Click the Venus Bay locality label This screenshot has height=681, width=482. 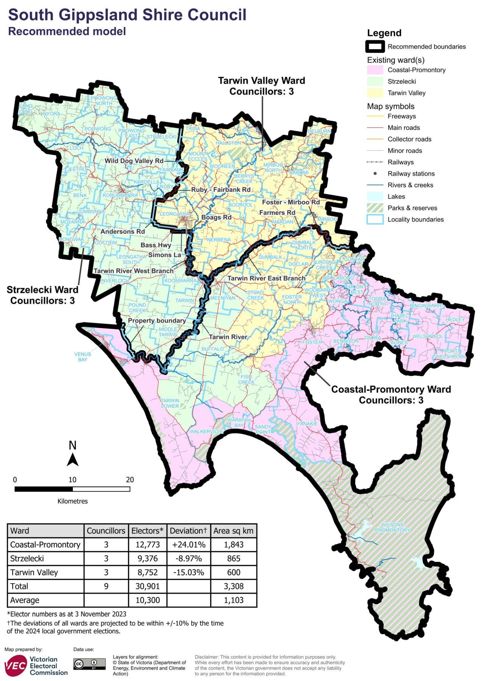83,357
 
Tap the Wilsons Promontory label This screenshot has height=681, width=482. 392,527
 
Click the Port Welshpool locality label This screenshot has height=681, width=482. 451,354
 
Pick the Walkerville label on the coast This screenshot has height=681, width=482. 206,431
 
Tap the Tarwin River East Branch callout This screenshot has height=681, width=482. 266,278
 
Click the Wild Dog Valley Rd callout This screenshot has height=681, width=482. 134,161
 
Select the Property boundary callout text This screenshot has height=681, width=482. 157,320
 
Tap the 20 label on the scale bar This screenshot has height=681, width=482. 130,480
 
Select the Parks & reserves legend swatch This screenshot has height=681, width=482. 375,208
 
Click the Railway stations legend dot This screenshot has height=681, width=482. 375,174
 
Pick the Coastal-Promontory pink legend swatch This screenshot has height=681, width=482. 375,70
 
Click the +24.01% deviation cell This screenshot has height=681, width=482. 189,545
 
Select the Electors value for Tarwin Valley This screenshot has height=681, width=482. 148,572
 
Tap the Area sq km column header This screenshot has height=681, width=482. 233,531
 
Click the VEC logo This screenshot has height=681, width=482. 15,666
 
